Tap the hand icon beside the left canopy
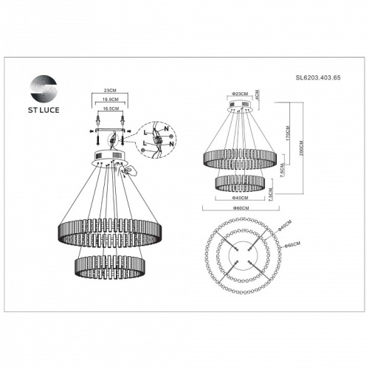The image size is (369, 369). coord(129,170)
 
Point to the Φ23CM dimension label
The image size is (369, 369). coord(239,95)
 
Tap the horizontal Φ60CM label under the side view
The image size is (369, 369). coord(239,209)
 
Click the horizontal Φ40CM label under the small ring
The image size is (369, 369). coord(239,198)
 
